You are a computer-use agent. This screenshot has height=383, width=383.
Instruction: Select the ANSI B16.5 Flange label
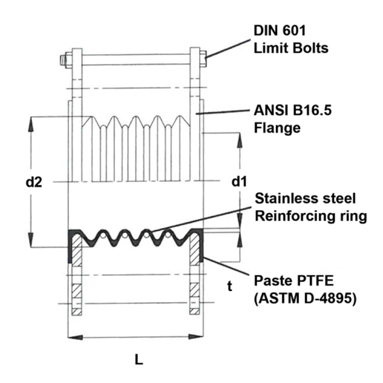point(292,120)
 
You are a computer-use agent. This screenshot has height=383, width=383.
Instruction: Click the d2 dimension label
point(35,182)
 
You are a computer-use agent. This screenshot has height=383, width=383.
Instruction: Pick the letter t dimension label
point(230,286)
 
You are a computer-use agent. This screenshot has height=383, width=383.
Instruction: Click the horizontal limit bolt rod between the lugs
point(136,60)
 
